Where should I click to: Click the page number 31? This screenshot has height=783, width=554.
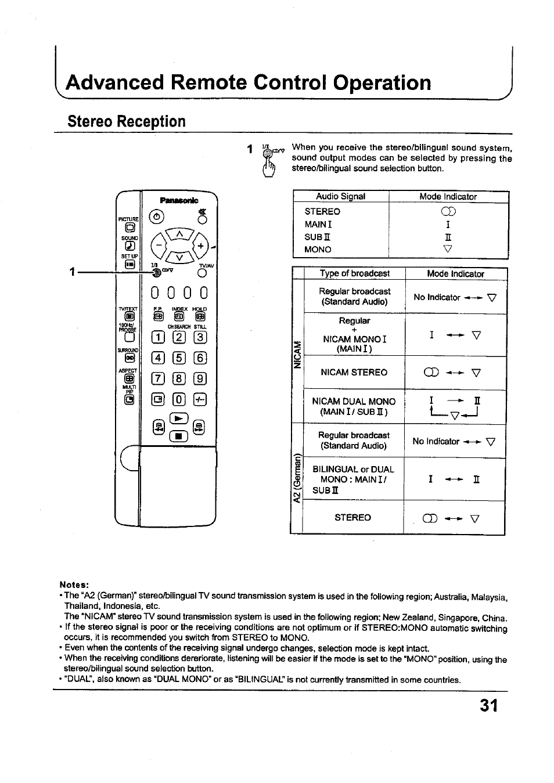[489, 705]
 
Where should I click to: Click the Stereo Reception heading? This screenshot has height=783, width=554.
[127, 121]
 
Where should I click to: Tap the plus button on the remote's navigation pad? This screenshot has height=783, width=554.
[200, 246]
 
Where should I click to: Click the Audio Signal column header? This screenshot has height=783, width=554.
[340, 197]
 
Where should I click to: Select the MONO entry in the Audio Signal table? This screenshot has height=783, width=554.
[318, 250]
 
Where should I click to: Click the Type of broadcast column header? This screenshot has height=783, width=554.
[354, 273]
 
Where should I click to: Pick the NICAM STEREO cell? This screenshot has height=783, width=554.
[354, 373]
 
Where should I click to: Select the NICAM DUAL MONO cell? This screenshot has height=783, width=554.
[354, 406]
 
